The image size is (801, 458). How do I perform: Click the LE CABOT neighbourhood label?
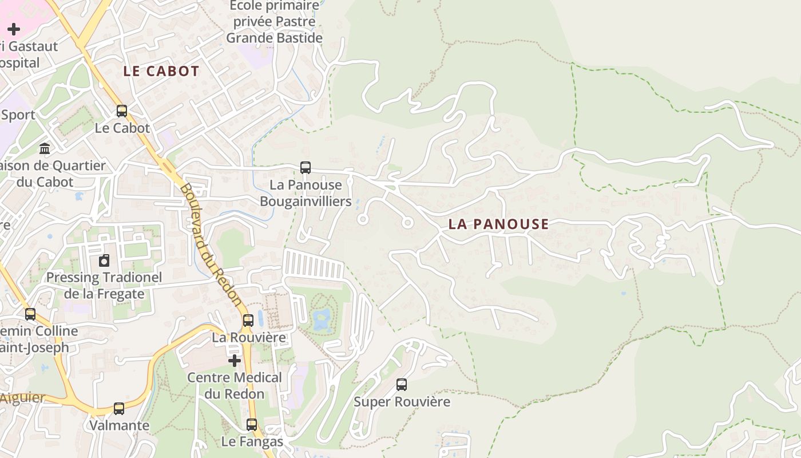[x=161, y=72]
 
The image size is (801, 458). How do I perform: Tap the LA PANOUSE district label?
[x=498, y=224]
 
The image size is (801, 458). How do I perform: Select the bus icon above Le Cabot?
[x=122, y=111]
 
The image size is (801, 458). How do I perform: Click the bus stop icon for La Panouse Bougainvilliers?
[x=306, y=168]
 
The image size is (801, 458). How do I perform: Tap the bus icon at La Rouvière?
[x=248, y=321]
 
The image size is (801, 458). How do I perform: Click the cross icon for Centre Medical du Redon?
[x=235, y=361]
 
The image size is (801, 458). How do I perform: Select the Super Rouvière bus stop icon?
[x=402, y=385]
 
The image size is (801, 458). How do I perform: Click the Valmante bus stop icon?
[x=119, y=409]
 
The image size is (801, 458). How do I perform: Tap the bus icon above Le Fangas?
[x=252, y=425]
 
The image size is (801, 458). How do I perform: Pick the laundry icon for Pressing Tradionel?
[x=104, y=260]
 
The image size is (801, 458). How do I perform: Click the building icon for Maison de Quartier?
[x=45, y=149]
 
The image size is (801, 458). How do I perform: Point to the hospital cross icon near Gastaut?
[x=14, y=29]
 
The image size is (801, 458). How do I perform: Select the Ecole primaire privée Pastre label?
[x=275, y=22]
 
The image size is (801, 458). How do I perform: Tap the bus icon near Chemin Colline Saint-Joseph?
[x=30, y=314]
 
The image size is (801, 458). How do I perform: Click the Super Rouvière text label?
[x=402, y=402]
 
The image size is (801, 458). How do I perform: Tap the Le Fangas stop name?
[x=252, y=442]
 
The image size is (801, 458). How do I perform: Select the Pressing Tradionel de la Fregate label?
[x=104, y=286]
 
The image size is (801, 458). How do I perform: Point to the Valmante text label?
[x=119, y=426]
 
